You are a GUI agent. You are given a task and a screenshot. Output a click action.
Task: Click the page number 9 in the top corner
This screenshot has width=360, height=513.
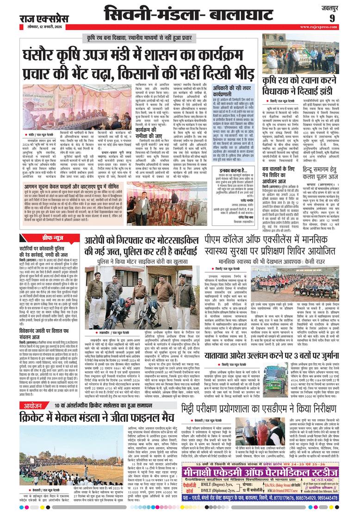click(x=345, y=18)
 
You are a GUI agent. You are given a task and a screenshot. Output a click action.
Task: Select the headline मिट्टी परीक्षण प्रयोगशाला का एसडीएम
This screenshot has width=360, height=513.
click(x=269, y=409)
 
